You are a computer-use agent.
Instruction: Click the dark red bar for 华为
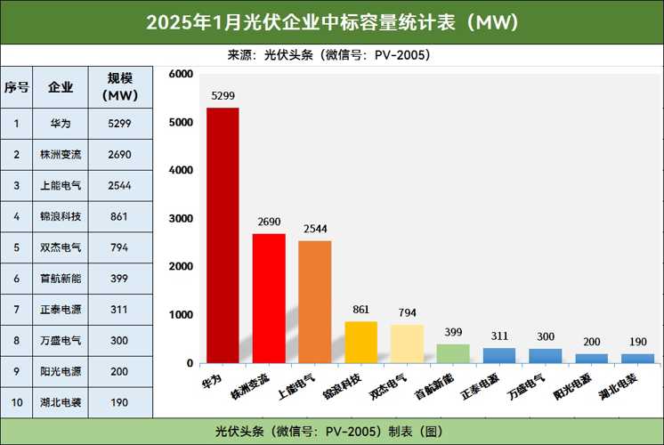223,235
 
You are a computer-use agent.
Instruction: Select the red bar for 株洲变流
269,298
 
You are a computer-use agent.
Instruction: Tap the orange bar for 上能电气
315,302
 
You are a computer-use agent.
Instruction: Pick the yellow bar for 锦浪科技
361,342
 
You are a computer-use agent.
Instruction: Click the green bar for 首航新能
453,353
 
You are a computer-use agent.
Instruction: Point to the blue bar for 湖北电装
637,358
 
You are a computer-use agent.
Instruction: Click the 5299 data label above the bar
223,94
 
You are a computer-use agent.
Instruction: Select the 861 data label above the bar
361,309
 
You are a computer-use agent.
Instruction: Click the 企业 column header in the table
61,87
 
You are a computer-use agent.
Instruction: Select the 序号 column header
16,87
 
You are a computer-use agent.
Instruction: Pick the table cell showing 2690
118,155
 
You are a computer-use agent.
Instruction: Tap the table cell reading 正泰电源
61,310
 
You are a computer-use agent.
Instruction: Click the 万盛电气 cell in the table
61,341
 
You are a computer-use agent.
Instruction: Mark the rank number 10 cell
16,403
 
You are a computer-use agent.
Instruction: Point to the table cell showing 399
118,279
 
